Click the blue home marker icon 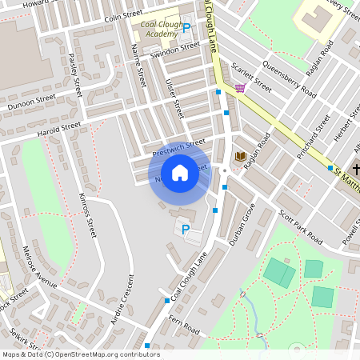(x=180, y=173)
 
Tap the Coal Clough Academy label (x=159, y=29)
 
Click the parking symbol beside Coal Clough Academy (x=186, y=28)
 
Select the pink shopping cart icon (x=240, y=88)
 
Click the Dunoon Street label (x=32, y=102)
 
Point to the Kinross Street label (x=87, y=214)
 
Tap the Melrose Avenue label (x=39, y=273)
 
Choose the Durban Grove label (x=242, y=223)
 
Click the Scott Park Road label (x=300, y=227)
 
